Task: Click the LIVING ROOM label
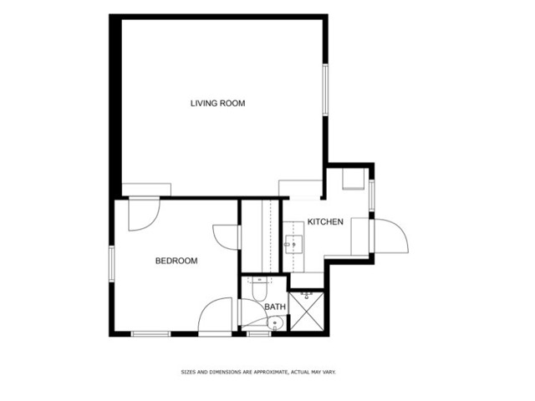click(x=217, y=104)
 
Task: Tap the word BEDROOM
click(x=176, y=261)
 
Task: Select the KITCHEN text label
click(x=325, y=222)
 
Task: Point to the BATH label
click(x=275, y=307)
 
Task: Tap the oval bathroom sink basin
click(x=276, y=322)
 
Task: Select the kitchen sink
click(x=293, y=245)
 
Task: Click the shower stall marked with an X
click(x=306, y=312)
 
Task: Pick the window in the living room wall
click(x=325, y=89)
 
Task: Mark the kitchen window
click(x=371, y=195)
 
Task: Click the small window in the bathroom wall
click(x=259, y=334)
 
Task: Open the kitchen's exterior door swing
click(x=391, y=236)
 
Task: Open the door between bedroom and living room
click(x=144, y=214)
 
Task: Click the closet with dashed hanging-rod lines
click(x=262, y=236)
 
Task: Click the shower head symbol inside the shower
click(x=307, y=295)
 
